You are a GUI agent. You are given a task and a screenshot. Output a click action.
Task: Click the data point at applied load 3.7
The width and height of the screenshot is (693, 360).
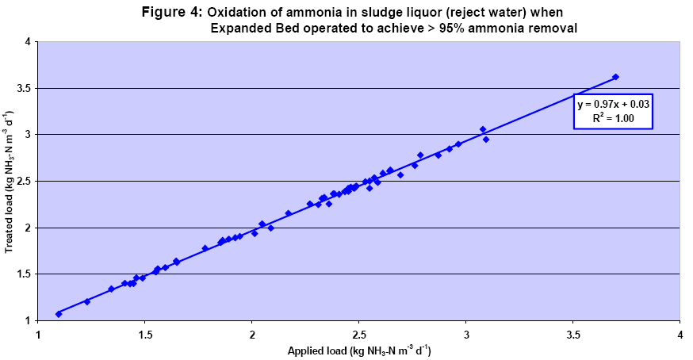pyautogui.click(x=615, y=77)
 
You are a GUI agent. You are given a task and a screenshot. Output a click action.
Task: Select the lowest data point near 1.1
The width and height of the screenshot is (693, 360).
pyautogui.click(x=59, y=314)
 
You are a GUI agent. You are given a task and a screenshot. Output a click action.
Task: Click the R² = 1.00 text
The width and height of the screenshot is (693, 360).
pyautogui.click(x=614, y=119)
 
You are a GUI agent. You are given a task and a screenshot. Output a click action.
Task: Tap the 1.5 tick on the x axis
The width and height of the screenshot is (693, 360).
pyautogui.click(x=145, y=333)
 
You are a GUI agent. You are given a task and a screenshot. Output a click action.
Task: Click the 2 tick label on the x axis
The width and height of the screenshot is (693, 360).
pyautogui.click(x=252, y=333)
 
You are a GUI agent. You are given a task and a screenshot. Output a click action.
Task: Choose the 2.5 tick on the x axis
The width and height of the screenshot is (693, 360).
pyautogui.click(x=359, y=333)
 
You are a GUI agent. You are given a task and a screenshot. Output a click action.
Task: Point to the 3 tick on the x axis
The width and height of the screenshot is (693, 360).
pyautogui.click(x=466, y=333)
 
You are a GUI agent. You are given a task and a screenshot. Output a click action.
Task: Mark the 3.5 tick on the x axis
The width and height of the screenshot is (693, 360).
pyautogui.click(x=573, y=333)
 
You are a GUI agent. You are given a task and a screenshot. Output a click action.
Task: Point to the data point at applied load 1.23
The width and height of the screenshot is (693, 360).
pyautogui.click(x=87, y=301)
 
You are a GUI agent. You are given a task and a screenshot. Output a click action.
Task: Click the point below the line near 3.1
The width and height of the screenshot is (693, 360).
pyautogui.click(x=486, y=140)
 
